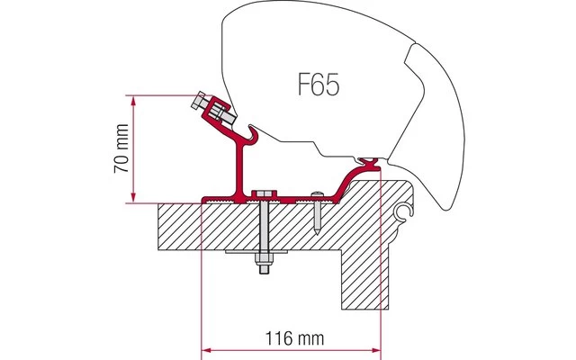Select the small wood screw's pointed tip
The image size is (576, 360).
[319, 231]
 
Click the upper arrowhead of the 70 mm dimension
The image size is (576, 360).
[134, 98]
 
